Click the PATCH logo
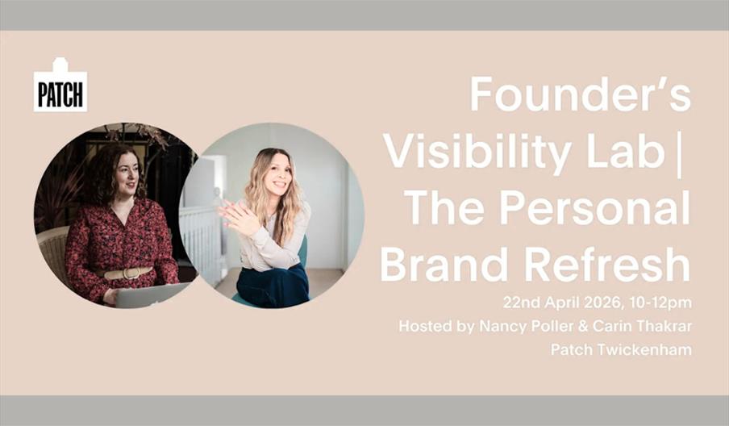[x=60, y=87]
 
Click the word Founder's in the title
[x=581, y=95]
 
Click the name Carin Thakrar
[x=646, y=327]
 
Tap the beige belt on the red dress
[x=129, y=274]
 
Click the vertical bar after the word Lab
[x=678, y=151]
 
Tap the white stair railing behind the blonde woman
[x=198, y=234]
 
